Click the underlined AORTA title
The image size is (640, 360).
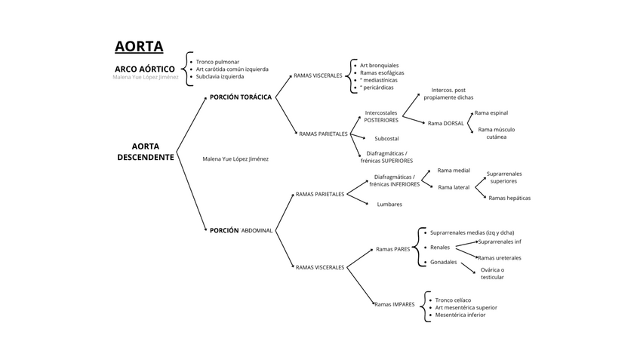pyautogui.click(x=139, y=47)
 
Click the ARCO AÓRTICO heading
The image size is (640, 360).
pyautogui.click(x=144, y=69)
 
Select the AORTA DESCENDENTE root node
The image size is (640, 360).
pyautogui.click(x=145, y=152)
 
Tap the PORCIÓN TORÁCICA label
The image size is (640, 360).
pyautogui.click(x=241, y=97)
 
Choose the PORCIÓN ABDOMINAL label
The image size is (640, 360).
pyautogui.click(x=241, y=230)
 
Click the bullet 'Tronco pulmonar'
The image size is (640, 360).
pyautogui.click(x=218, y=62)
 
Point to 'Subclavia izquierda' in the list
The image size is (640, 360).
pyautogui.click(x=220, y=76)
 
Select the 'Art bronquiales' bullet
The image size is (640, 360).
pyautogui.click(x=379, y=65)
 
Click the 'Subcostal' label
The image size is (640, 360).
pyautogui.click(x=386, y=138)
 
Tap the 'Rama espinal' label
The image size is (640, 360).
pyautogui.click(x=491, y=112)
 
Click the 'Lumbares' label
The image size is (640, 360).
pyautogui.click(x=389, y=204)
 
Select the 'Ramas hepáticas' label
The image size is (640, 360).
pyautogui.click(x=509, y=198)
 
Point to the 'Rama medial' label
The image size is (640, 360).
pyautogui.click(x=454, y=171)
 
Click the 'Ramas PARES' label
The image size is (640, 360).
pyautogui.click(x=392, y=249)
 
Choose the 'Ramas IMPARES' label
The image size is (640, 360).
pyautogui.click(x=395, y=304)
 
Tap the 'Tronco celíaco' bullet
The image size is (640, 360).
pyautogui.click(x=453, y=300)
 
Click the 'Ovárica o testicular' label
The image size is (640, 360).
pyautogui.click(x=492, y=273)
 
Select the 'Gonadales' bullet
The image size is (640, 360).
pyautogui.click(x=443, y=262)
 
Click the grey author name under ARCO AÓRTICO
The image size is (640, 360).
pyautogui.click(x=146, y=77)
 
